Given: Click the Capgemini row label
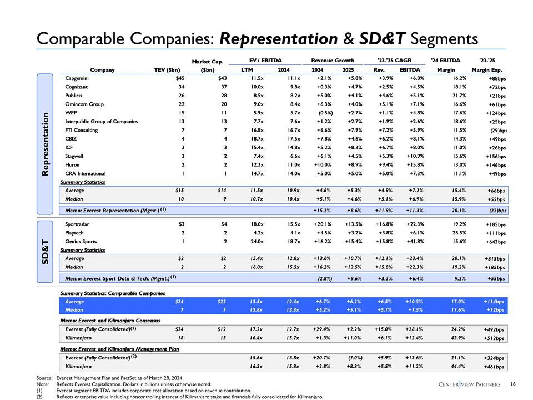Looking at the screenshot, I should point(78,78).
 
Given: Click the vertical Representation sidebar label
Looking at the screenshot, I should point(47,143).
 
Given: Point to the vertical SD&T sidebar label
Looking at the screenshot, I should point(47,251).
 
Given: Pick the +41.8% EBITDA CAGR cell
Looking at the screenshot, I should point(409,242).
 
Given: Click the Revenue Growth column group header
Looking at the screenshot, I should point(332,59).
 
